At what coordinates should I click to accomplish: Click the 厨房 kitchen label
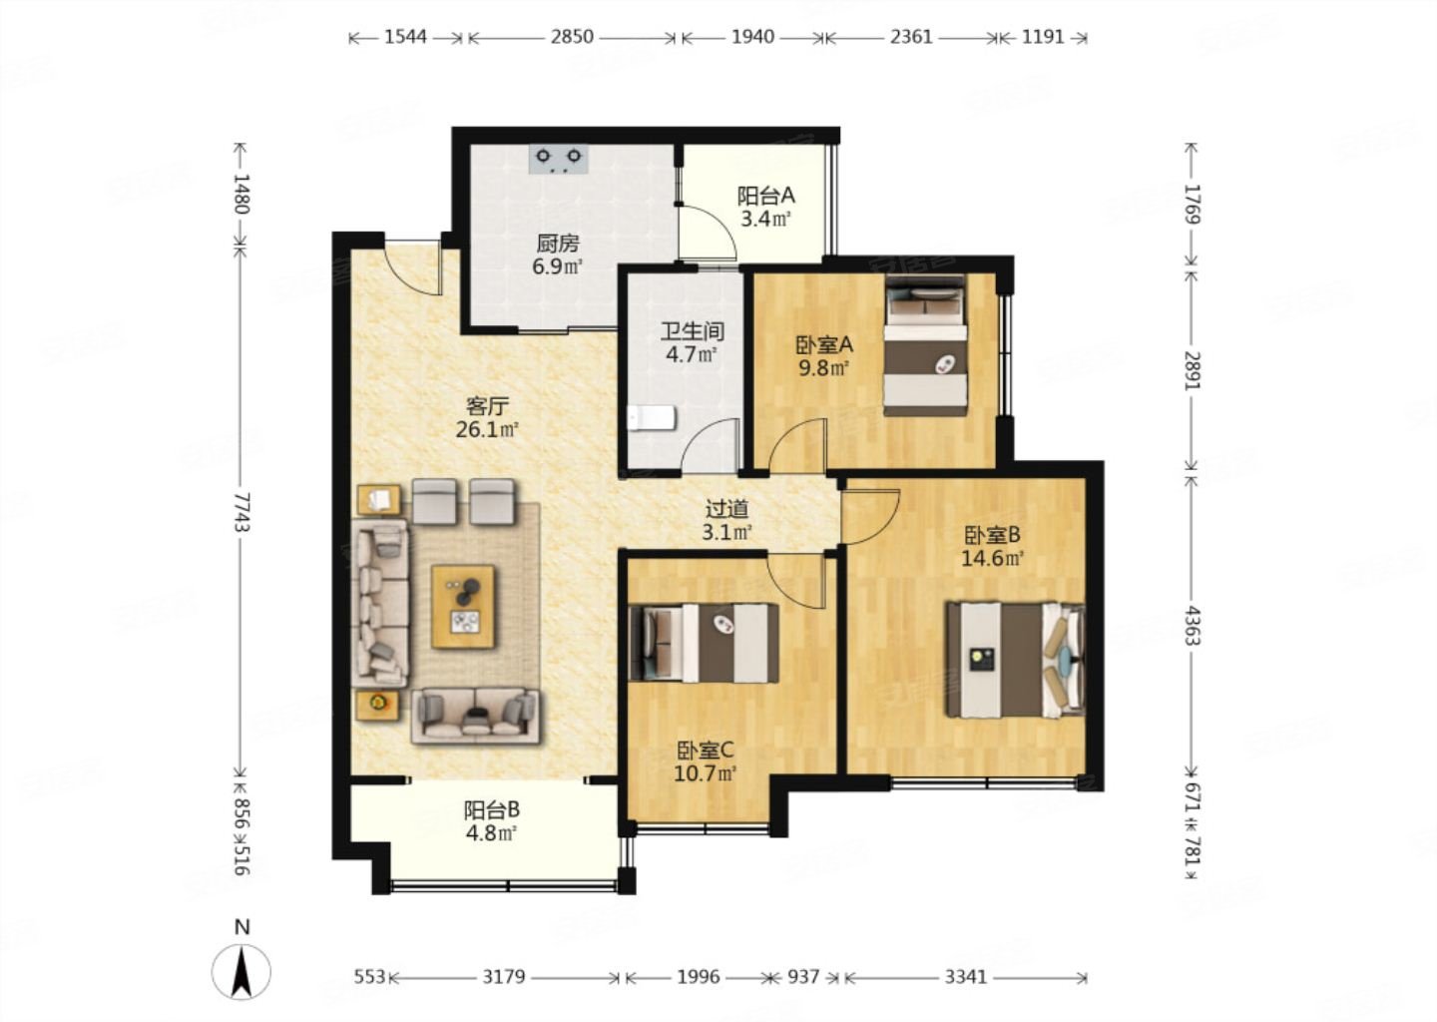point(558,244)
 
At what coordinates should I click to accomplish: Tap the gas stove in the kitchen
point(559,160)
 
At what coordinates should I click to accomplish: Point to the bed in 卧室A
point(925,345)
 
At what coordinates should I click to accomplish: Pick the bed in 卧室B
point(1016,660)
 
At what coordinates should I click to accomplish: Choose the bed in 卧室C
point(705,643)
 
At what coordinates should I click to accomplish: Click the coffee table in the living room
point(463,606)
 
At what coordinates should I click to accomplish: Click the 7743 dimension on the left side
point(242,512)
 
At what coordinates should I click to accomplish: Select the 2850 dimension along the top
point(572,37)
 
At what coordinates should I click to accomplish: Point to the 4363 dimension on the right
point(1192,626)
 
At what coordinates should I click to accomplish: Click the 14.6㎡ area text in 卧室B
point(992,558)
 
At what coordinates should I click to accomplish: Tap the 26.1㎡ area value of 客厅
point(487,429)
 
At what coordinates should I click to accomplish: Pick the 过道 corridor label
point(726,509)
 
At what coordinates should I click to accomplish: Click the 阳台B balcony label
point(492,810)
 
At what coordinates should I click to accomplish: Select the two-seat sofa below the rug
point(475,716)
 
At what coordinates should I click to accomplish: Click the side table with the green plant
point(377,704)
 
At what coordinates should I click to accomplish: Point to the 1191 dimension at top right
point(1043,37)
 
